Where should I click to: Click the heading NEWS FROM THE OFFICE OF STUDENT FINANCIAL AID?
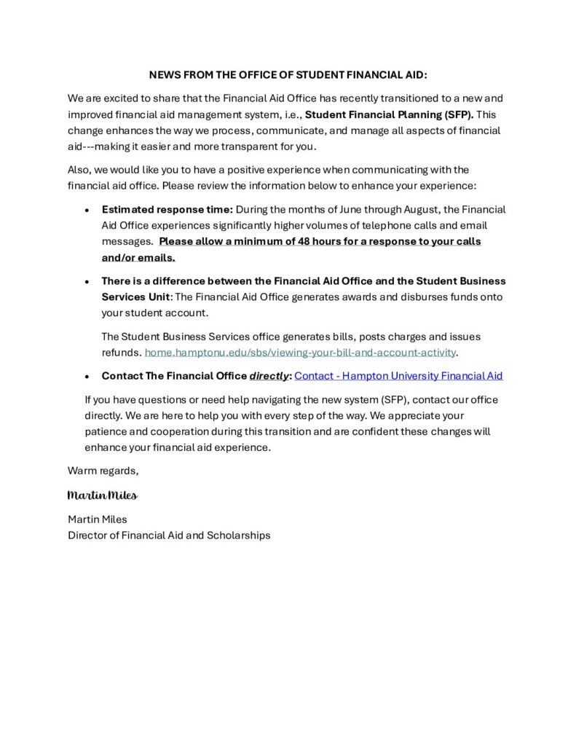coord(288,75)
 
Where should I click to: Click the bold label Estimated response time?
coord(167,209)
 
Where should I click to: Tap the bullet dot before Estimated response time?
coord(87,210)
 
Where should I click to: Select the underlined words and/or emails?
coord(138,257)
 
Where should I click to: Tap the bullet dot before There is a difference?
coord(87,281)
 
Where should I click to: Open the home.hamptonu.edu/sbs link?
coord(300,353)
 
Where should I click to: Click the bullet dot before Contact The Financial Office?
coord(87,377)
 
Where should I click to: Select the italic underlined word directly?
coord(269,376)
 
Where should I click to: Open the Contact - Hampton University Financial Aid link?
coord(398,376)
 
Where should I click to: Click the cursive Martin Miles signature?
coord(102,495)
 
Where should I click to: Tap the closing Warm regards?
coord(103,471)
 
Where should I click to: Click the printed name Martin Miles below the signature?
coord(97,519)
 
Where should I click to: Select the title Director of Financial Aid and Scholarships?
coord(169,535)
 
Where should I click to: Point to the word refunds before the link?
coord(121,353)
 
